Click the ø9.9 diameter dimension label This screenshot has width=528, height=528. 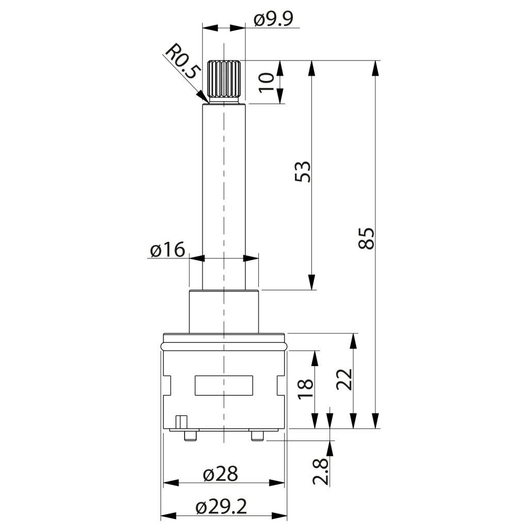pos(274,19)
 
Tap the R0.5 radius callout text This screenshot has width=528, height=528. pos(183,61)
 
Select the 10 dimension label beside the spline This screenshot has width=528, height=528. pos(267,82)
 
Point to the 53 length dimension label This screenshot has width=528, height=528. pos(302,172)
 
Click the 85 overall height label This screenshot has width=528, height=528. pos(366,238)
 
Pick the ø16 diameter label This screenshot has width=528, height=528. pos(168,250)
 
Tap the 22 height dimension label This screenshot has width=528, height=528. pos(344,379)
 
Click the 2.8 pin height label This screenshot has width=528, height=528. pos(320,471)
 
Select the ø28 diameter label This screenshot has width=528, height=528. pos(221,474)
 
